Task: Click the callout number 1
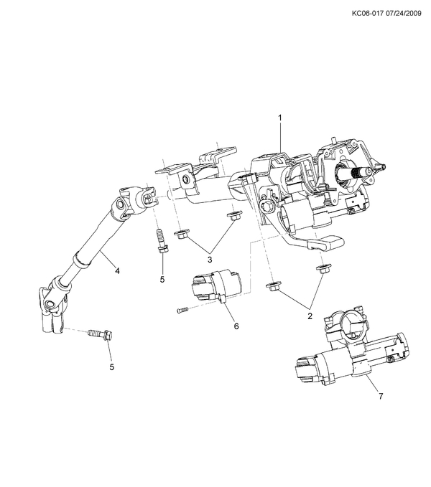point(280,116)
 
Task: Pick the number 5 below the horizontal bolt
point(111,367)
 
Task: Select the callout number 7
point(380,394)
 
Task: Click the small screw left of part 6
point(182,310)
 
